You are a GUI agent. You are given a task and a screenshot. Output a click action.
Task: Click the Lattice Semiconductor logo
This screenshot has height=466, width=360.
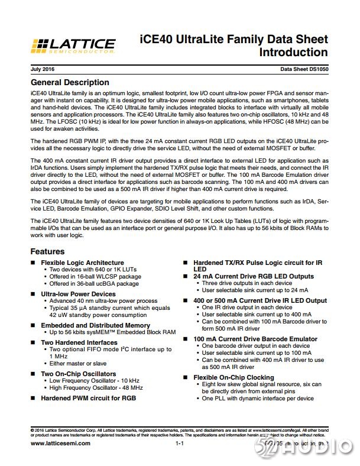tap(73, 46)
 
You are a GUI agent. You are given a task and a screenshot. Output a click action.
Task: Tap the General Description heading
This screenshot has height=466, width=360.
tap(70, 82)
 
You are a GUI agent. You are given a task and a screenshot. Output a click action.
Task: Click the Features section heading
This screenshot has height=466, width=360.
tap(47, 251)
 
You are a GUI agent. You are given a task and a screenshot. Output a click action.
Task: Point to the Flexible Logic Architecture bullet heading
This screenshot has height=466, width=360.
tap(82, 263)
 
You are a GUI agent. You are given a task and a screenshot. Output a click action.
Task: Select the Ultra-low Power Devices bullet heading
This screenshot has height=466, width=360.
tap(78, 293)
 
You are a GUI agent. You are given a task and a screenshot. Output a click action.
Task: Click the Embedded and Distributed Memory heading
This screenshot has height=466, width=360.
tap(95, 325)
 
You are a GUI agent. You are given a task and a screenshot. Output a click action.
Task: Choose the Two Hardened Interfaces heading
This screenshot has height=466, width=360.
tap(79, 342)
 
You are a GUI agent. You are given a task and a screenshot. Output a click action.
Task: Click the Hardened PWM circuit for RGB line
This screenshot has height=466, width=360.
tap(88, 399)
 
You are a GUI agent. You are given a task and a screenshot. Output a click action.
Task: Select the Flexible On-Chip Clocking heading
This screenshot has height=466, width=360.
tap(233, 377)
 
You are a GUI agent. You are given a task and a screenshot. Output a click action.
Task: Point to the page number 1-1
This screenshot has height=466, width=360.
tap(180, 443)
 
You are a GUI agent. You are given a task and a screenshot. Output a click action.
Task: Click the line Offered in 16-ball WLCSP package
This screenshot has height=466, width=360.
tap(96, 277)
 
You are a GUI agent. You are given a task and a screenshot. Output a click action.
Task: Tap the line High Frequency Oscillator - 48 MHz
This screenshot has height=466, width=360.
tap(96, 388)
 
